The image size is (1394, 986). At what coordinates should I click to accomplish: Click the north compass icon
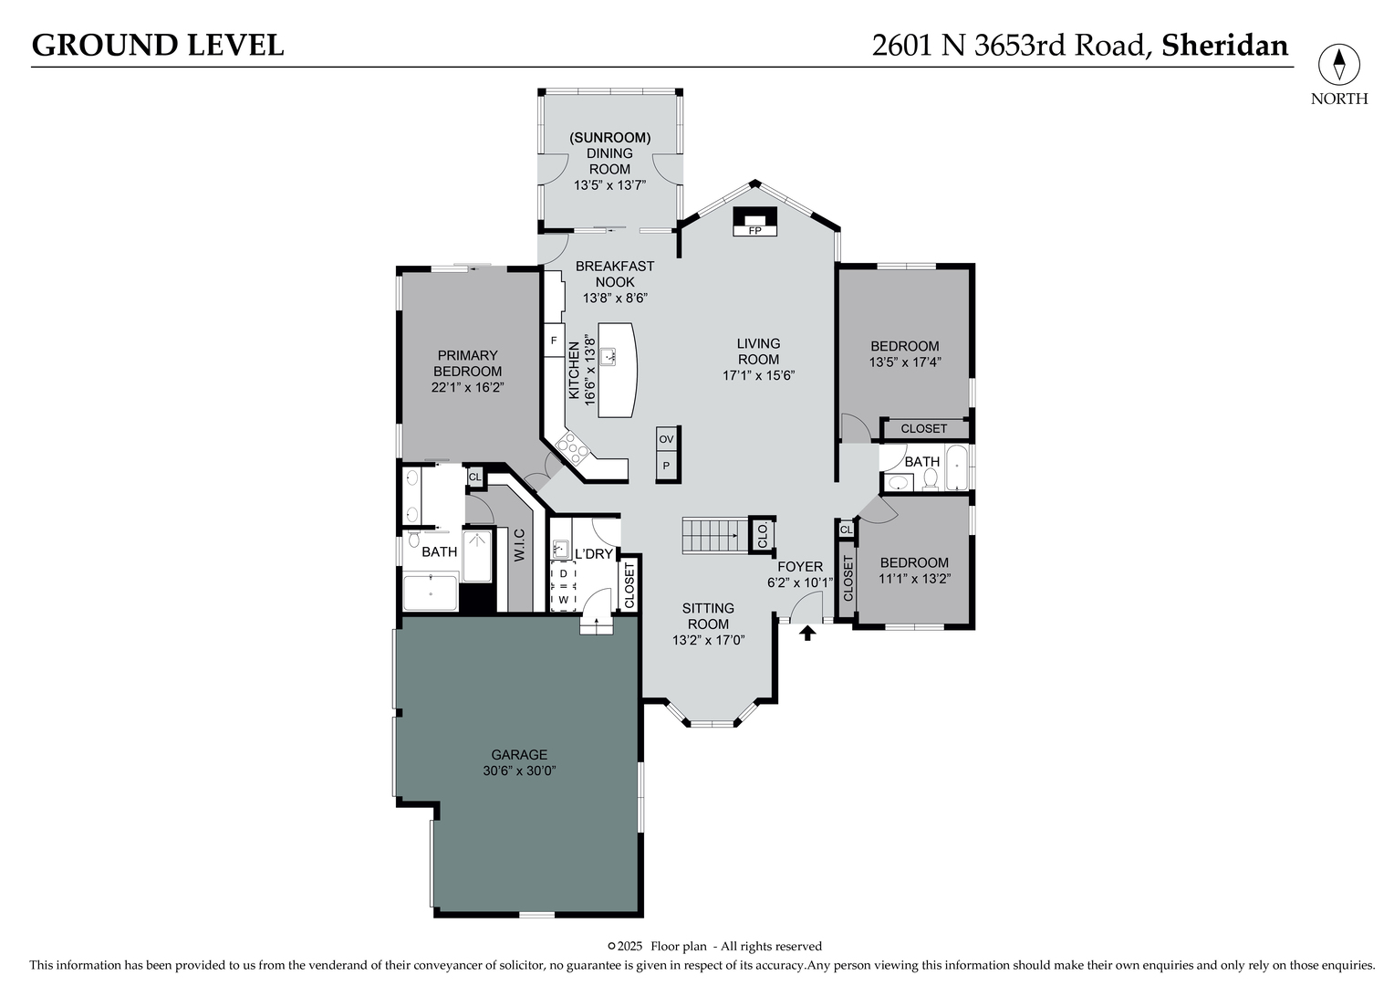(x=1338, y=65)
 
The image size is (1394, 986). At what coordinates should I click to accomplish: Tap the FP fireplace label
(x=754, y=231)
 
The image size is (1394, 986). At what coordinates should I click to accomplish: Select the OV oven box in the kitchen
(x=667, y=439)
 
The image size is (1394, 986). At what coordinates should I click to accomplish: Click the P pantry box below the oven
(x=667, y=466)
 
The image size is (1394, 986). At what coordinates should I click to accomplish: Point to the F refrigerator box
(x=553, y=341)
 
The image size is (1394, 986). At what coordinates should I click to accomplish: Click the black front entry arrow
(x=807, y=632)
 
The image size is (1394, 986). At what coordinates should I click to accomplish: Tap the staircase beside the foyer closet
(x=713, y=534)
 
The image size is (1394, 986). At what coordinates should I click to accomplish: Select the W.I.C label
(x=518, y=545)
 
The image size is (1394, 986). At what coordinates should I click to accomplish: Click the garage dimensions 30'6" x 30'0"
(x=519, y=771)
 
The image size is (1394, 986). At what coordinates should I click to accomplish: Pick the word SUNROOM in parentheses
(x=609, y=138)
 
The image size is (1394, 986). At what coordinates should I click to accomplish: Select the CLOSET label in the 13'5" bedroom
(x=923, y=428)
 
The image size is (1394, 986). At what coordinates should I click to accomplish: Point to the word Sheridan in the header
(x=1224, y=45)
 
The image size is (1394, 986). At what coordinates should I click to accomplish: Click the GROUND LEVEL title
(x=158, y=45)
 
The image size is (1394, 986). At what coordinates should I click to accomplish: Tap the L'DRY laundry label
(x=593, y=553)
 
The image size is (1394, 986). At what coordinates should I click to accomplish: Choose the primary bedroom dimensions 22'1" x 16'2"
(x=467, y=387)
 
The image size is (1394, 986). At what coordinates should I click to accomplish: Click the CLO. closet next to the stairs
(x=762, y=535)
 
